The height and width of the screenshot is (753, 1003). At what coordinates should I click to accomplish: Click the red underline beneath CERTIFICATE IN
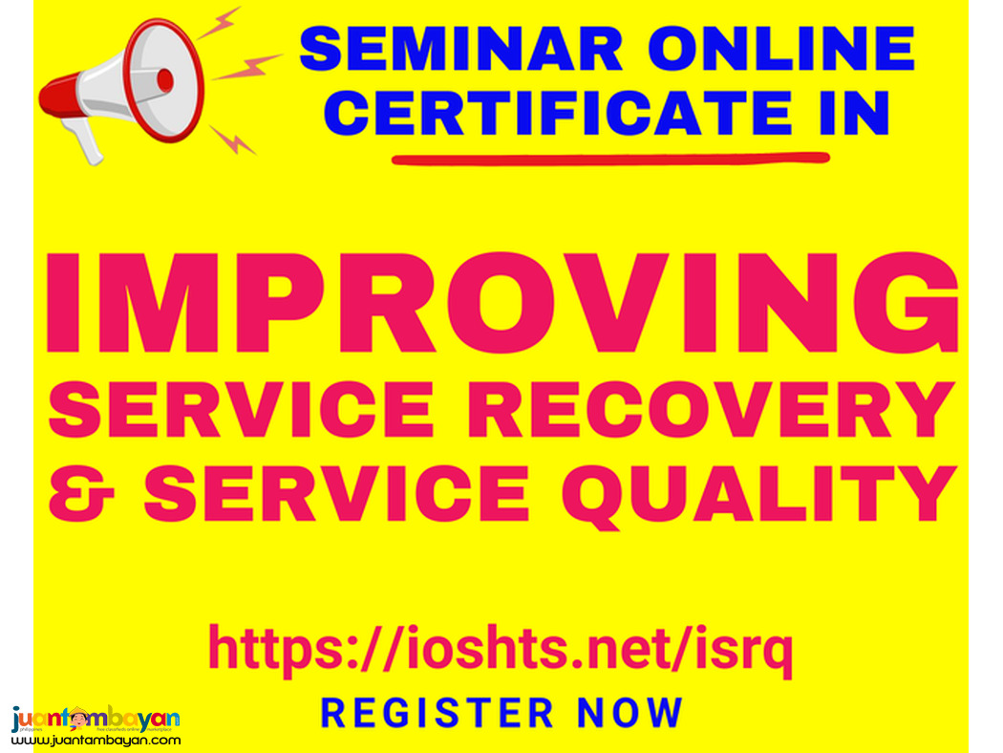[x=611, y=159]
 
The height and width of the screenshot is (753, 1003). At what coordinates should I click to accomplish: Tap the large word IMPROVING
[x=501, y=304]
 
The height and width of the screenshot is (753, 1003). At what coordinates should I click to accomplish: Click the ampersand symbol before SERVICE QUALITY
[x=82, y=493]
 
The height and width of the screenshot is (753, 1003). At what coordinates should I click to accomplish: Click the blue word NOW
[x=630, y=713]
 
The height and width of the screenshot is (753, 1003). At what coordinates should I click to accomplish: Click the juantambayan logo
[x=96, y=719]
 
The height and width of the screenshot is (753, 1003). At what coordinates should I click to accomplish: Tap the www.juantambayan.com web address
[x=96, y=741]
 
